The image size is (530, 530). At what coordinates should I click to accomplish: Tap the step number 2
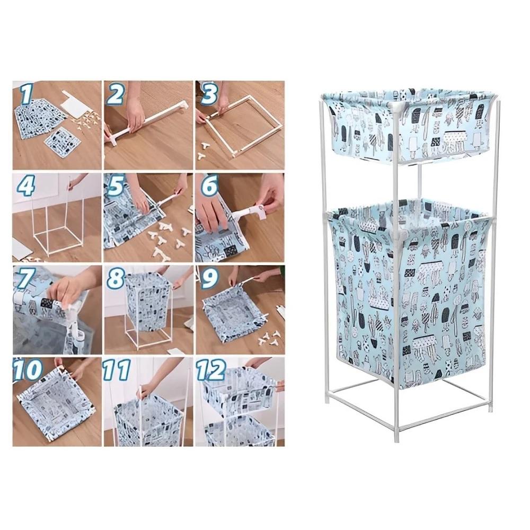pos(116,95)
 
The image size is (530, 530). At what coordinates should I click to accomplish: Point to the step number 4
pos(25,187)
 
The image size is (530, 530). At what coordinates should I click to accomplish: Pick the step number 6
pos(209,187)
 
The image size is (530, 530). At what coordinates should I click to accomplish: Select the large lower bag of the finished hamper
pos(408,291)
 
